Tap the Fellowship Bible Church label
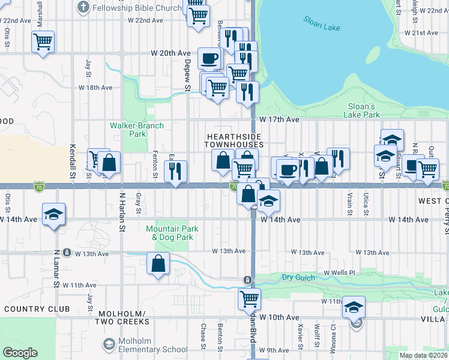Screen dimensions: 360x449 (x=130, y=8)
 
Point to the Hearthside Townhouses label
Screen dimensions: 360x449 (x=234, y=140)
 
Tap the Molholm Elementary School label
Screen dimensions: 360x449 (x=145, y=349)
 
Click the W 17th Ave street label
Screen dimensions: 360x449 (x=279, y=120)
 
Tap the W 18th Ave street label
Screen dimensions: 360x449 (x=95, y=88)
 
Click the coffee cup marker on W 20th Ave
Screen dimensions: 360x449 (x=209, y=58)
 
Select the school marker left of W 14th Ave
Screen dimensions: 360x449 (x=53, y=214)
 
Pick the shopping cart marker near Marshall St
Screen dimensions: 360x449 (x=43, y=41)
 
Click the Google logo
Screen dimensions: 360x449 (x=20, y=353)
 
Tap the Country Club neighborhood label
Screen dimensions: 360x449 (x=37, y=309)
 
